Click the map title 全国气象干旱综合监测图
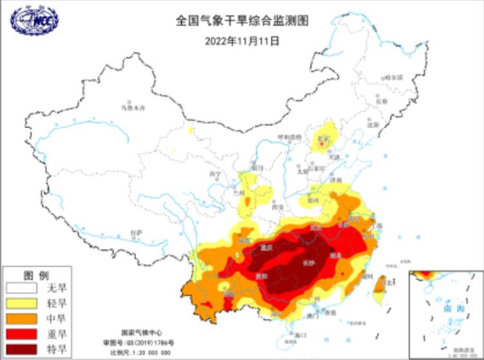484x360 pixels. pos(242,21)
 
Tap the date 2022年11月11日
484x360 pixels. pos(242,40)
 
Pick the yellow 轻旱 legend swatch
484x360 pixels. pos(21,303)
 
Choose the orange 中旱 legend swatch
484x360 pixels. pos(21,318)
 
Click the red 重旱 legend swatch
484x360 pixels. pos(21,334)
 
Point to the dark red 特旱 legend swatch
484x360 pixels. pos(21,349)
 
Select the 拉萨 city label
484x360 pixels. pos(135,232)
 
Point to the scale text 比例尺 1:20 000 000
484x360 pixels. pos(140,352)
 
